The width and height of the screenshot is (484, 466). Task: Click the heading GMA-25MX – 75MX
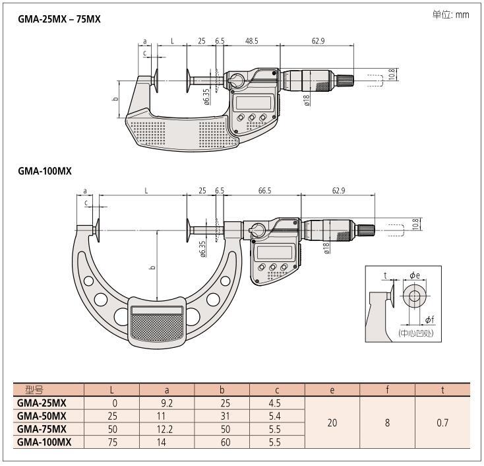(x=59, y=20)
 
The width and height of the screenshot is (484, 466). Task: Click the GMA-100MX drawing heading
(x=45, y=171)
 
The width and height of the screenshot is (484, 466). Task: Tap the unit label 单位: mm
(x=450, y=15)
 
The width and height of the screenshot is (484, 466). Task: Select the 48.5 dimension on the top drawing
(x=252, y=42)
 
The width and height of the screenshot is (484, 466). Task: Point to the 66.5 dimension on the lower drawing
(x=264, y=191)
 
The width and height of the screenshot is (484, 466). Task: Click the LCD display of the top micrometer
(x=253, y=102)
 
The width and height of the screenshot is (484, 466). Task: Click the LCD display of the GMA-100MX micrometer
(x=274, y=252)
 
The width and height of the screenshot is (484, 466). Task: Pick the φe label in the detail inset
(x=414, y=275)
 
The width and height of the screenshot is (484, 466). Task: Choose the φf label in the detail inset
(x=429, y=319)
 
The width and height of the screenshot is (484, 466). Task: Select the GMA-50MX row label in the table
(x=42, y=415)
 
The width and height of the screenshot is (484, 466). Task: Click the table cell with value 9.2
(x=167, y=403)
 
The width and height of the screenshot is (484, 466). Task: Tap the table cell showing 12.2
(x=167, y=428)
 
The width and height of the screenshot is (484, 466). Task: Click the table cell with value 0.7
(x=442, y=422)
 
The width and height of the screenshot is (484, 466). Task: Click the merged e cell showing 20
(x=332, y=422)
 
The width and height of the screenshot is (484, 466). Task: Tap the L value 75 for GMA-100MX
(x=112, y=442)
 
